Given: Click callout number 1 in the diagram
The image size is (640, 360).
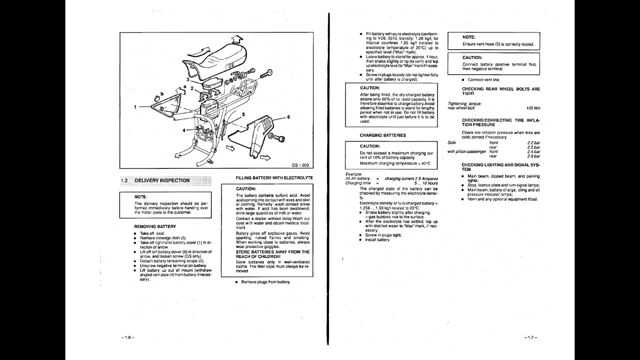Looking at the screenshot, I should coord(135,106).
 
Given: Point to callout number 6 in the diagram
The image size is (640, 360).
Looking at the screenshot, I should coord(288,117).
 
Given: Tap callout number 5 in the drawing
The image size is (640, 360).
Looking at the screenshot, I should coord(243,114).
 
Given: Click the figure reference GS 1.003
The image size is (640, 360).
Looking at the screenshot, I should coord(300,165).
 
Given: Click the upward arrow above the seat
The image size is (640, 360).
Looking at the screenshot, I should coord(237,39).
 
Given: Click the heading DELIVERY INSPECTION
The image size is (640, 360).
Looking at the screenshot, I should coord(162,180).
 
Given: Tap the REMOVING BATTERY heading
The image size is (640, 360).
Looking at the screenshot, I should coord(155,226).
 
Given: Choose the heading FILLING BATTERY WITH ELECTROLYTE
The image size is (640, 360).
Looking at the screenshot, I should coord(274,177).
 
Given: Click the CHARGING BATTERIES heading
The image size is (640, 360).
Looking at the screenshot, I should coord(382,135).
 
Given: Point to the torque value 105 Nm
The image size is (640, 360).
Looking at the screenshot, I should coord(533,108).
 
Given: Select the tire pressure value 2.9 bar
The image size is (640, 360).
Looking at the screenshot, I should coord(533,156).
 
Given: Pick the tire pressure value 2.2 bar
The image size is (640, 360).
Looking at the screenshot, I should coord(533,142).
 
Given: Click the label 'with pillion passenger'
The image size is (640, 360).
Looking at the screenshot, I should coord(466,151).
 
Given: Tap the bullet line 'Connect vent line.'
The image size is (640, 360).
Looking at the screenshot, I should coord(483,79).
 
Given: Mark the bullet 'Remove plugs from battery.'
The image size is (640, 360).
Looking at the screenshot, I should coord(265,282).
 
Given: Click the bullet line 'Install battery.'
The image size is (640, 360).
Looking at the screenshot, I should coord(377,240).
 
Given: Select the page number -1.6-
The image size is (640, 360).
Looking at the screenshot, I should coord(127,337).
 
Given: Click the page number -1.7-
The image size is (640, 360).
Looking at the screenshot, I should coord(531,337).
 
